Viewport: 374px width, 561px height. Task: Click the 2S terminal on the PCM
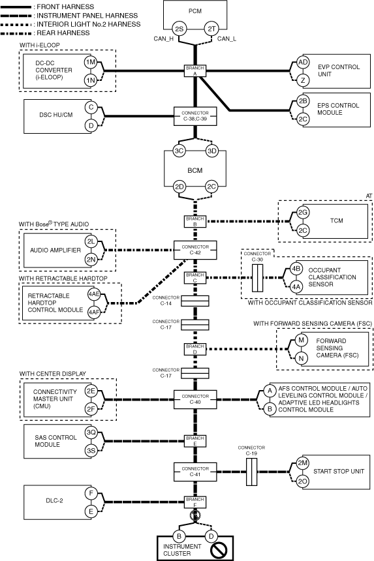(179, 29)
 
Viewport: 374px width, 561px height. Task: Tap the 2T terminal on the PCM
(211, 29)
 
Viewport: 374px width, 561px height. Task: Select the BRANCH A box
(195, 71)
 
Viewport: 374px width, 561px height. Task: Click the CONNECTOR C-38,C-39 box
(195, 116)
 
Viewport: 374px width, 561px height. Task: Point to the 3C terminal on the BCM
(179, 151)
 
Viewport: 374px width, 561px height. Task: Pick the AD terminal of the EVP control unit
(303, 62)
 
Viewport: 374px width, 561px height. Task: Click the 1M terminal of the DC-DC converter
(91, 62)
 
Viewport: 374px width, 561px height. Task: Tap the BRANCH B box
(195, 222)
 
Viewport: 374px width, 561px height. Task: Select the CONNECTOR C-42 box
(195, 250)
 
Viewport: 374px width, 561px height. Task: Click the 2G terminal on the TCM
(303, 213)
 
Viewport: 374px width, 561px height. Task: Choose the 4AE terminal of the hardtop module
(94, 294)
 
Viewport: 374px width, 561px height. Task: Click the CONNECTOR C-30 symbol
(257, 278)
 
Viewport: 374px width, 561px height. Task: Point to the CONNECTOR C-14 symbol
(195, 301)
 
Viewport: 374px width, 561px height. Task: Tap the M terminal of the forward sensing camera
(302, 340)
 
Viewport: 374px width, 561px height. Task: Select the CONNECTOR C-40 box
(195, 399)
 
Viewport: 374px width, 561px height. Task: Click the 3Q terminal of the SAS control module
(91, 432)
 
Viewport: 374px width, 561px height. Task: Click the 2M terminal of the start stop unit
(303, 463)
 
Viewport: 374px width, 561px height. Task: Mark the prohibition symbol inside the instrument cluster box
(218, 548)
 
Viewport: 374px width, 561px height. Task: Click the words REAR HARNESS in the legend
(63, 33)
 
